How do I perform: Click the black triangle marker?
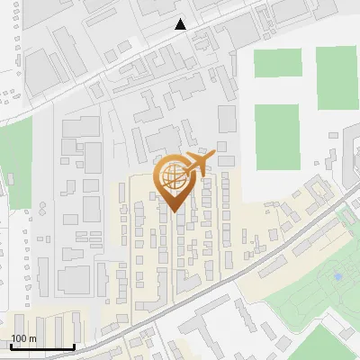point(181,24)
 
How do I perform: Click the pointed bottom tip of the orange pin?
point(175,211)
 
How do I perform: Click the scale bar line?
point(41,347)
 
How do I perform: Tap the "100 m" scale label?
point(23,339)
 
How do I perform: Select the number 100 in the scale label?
point(20,339)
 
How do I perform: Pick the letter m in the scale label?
point(31,339)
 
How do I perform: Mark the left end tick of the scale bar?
point(10,346)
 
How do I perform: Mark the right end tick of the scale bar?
point(74,346)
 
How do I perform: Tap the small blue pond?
point(337,276)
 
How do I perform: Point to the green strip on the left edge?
point(14,162)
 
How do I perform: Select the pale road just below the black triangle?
point(180,41)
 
